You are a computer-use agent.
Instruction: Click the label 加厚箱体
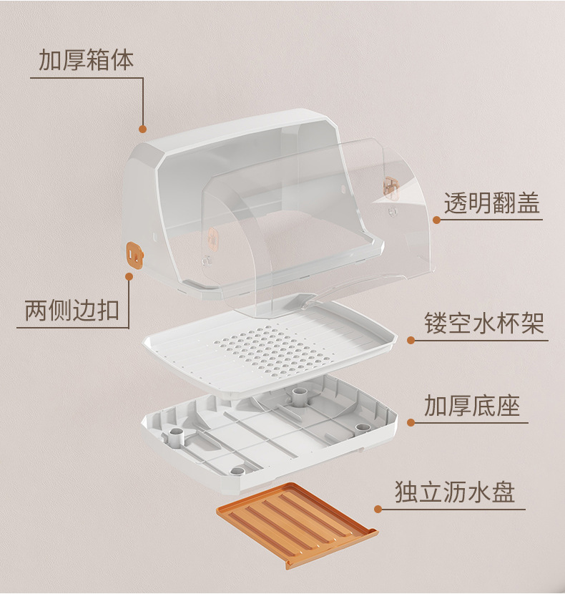click(86, 60)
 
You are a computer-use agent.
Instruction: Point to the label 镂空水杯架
click(483, 323)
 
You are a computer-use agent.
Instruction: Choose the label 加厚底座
click(471, 406)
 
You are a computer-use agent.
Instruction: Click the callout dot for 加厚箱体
click(142, 130)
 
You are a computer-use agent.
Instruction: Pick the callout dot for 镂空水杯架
click(411, 340)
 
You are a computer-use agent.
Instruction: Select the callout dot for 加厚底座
click(411, 422)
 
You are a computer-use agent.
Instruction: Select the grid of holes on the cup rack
click(268, 351)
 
